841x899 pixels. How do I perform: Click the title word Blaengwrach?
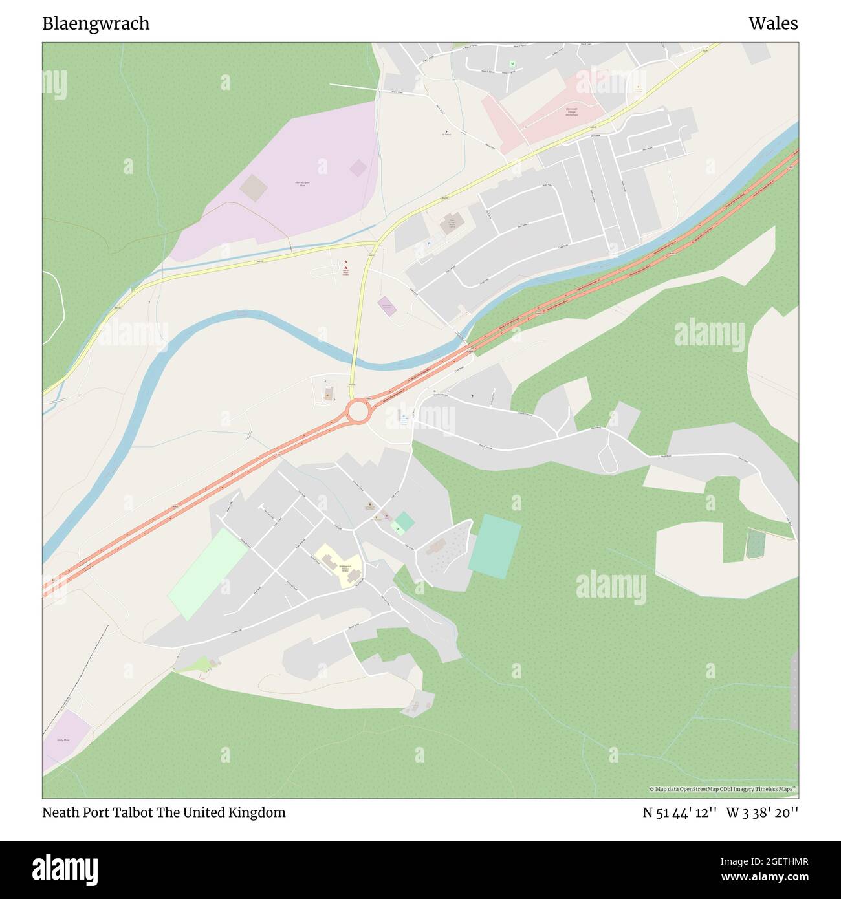96,24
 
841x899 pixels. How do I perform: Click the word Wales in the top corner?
773,24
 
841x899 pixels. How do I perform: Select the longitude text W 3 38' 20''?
762,813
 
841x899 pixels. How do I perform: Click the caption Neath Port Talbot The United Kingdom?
164,813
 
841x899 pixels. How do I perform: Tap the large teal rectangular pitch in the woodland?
494,545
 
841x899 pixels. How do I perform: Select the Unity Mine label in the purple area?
63,739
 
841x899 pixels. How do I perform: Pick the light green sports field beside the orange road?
207,574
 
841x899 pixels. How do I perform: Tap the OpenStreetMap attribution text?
723,789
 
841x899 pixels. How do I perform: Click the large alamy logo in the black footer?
65,869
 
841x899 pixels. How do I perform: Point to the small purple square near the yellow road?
387,306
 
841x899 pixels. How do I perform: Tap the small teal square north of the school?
404,521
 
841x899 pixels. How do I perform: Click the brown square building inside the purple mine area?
253,188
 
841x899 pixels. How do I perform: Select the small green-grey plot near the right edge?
755,543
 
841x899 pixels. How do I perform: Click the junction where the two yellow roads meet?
376,245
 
